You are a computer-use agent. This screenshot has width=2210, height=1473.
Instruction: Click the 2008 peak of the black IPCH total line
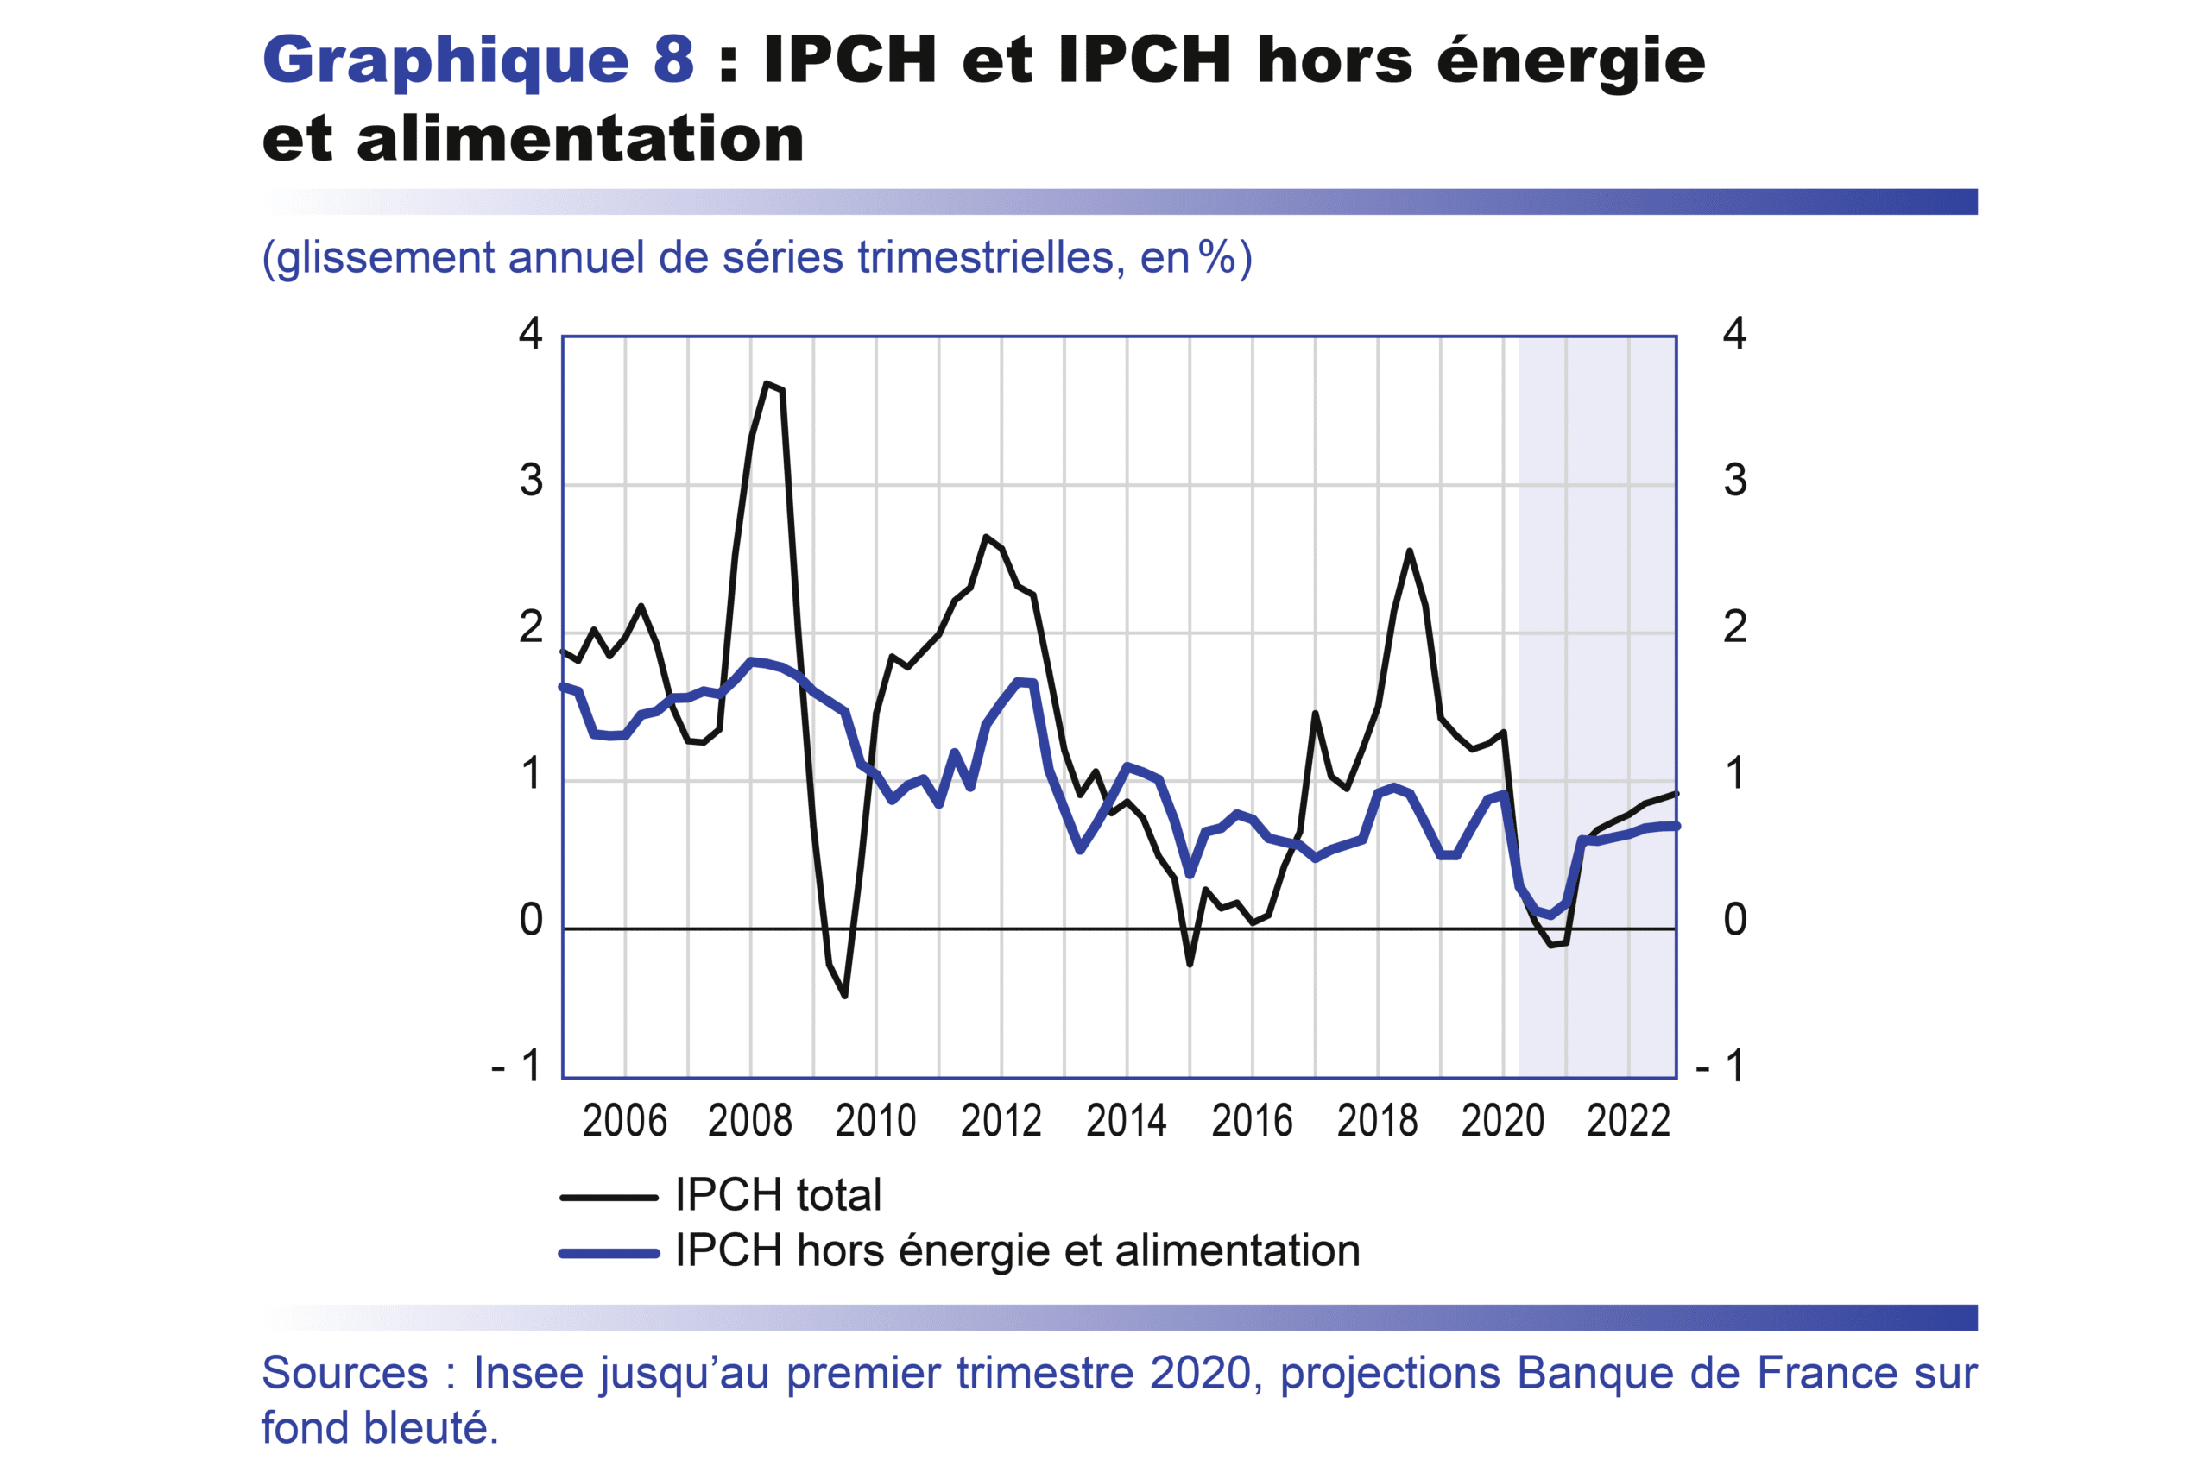point(767,383)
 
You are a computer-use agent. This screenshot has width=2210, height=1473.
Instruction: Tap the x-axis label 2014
point(1127,1122)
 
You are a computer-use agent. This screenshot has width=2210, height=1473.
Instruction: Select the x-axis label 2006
point(625,1122)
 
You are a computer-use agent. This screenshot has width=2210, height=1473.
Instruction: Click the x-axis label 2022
point(1628,1122)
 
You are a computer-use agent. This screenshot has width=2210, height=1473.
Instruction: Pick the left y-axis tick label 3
point(531,481)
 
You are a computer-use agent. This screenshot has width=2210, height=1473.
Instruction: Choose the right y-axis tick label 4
point(1734,333)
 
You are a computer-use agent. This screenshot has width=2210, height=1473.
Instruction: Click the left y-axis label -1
point(517,1067)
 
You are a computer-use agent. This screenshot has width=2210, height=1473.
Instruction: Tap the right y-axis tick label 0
point(1734,920)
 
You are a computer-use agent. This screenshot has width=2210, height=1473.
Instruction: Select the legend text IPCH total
point(778,1195)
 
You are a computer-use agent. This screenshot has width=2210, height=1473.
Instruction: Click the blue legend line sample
point(609,1252)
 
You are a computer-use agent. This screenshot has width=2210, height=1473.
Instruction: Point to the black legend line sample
point(609,1198)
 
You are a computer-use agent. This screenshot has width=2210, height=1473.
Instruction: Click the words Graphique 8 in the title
point(478,60)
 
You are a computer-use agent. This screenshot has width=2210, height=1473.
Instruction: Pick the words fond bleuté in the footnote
point(379,1428)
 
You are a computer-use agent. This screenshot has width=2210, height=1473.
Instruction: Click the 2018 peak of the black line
point(1410,551)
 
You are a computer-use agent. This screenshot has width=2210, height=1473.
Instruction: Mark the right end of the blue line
point(1676,826)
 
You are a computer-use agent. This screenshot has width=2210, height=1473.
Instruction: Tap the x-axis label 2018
point(1378,1122)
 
